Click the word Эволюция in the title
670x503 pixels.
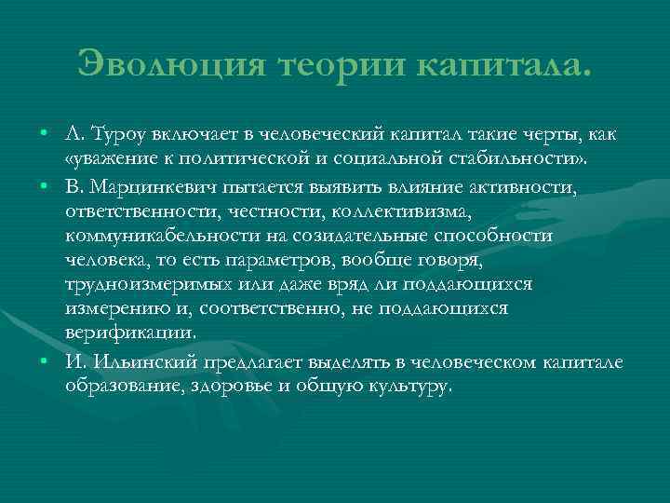tap(172, 65)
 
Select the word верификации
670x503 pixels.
tap(129, 332)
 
